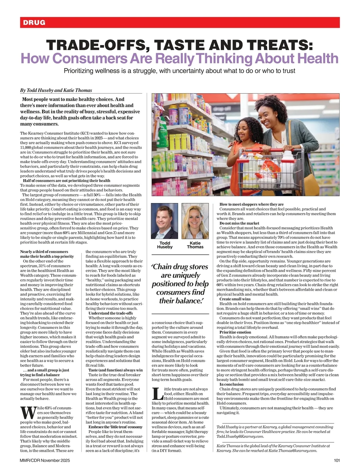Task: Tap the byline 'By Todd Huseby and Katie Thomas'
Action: pyautogui.click(x=56, y=90)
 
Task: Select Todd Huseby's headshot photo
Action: pyautogui.click(x=164, y=221)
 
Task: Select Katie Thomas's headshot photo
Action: pyautogui.click(x=195, y=221)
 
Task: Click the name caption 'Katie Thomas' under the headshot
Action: pyautogui.click(x=195, y=245)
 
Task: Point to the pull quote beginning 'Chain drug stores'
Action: pyautogui.click(x=180, y=284)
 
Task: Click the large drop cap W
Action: pyautogui.click(x=28, y=413)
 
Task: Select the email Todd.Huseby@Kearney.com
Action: pyautogui.click(x=240, y=436)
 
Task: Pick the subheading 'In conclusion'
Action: pyautogui.click(x=232, y=384)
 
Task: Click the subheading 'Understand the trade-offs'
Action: pyautogui.click(x=111, y=313)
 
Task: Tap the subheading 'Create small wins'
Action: pyautogui.click(x=235, y=299)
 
